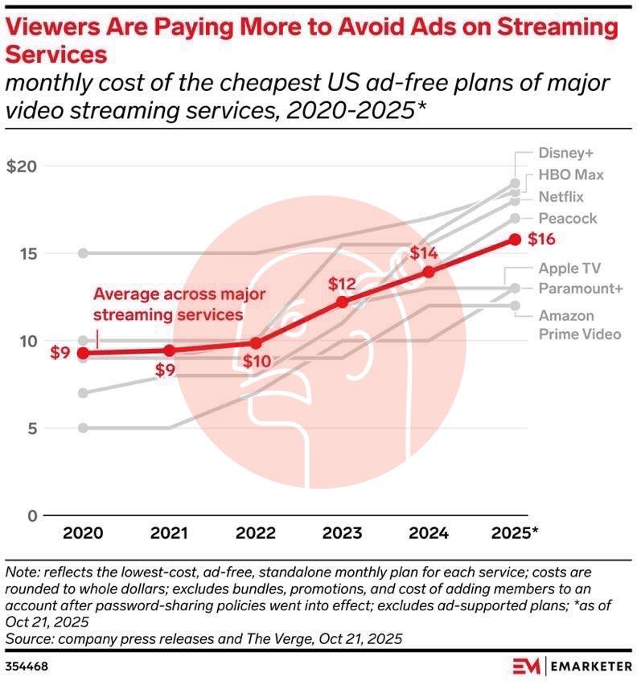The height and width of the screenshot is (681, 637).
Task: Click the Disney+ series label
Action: [x=566, y=153]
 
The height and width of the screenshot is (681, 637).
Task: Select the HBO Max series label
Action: [x=571, y=174]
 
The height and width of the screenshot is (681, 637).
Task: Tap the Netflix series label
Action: [x=561, y=197]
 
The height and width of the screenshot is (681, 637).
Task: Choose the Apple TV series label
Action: [x=569, y=268]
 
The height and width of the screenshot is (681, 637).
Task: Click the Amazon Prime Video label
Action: [x=579, y=325]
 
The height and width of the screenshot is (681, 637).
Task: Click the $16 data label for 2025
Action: [x=543, y=239]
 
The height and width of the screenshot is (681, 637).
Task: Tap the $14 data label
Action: [x=424, y=252]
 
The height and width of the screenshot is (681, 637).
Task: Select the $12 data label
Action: [x=341, y=283]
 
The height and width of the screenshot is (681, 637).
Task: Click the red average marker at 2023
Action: [x=343, y=302]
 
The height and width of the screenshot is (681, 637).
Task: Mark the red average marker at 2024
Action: [x=429, y=272]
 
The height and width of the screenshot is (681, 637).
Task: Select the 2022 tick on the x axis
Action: [x=256, y=533]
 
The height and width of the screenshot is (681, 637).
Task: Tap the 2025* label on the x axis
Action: [x=515, y=533]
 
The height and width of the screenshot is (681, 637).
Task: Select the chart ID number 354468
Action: [x=27, y=667]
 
